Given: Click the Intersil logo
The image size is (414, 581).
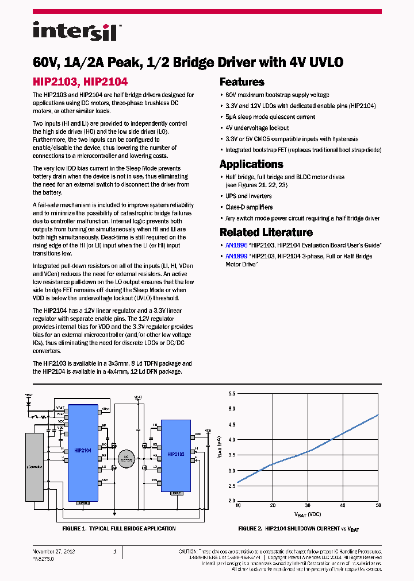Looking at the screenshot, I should (75, 31).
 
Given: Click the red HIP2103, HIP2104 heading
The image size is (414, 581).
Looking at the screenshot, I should (80, 82).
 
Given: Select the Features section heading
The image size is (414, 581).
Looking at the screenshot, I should (241, 82).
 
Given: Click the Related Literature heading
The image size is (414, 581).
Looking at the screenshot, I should (266, 233).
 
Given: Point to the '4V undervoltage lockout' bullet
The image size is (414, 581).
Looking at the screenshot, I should (257, 128).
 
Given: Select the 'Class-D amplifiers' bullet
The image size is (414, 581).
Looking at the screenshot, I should (249, 207).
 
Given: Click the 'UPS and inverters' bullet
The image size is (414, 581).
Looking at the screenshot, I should (248, 196).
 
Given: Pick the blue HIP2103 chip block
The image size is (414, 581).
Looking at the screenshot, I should (175, 454).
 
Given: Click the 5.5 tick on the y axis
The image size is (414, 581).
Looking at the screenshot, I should (231, 394).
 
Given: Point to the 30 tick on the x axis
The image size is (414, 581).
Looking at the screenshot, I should (308, 505).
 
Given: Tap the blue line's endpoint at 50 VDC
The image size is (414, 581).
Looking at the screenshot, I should (378, 415).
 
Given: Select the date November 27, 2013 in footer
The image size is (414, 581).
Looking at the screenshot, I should (53, 552).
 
